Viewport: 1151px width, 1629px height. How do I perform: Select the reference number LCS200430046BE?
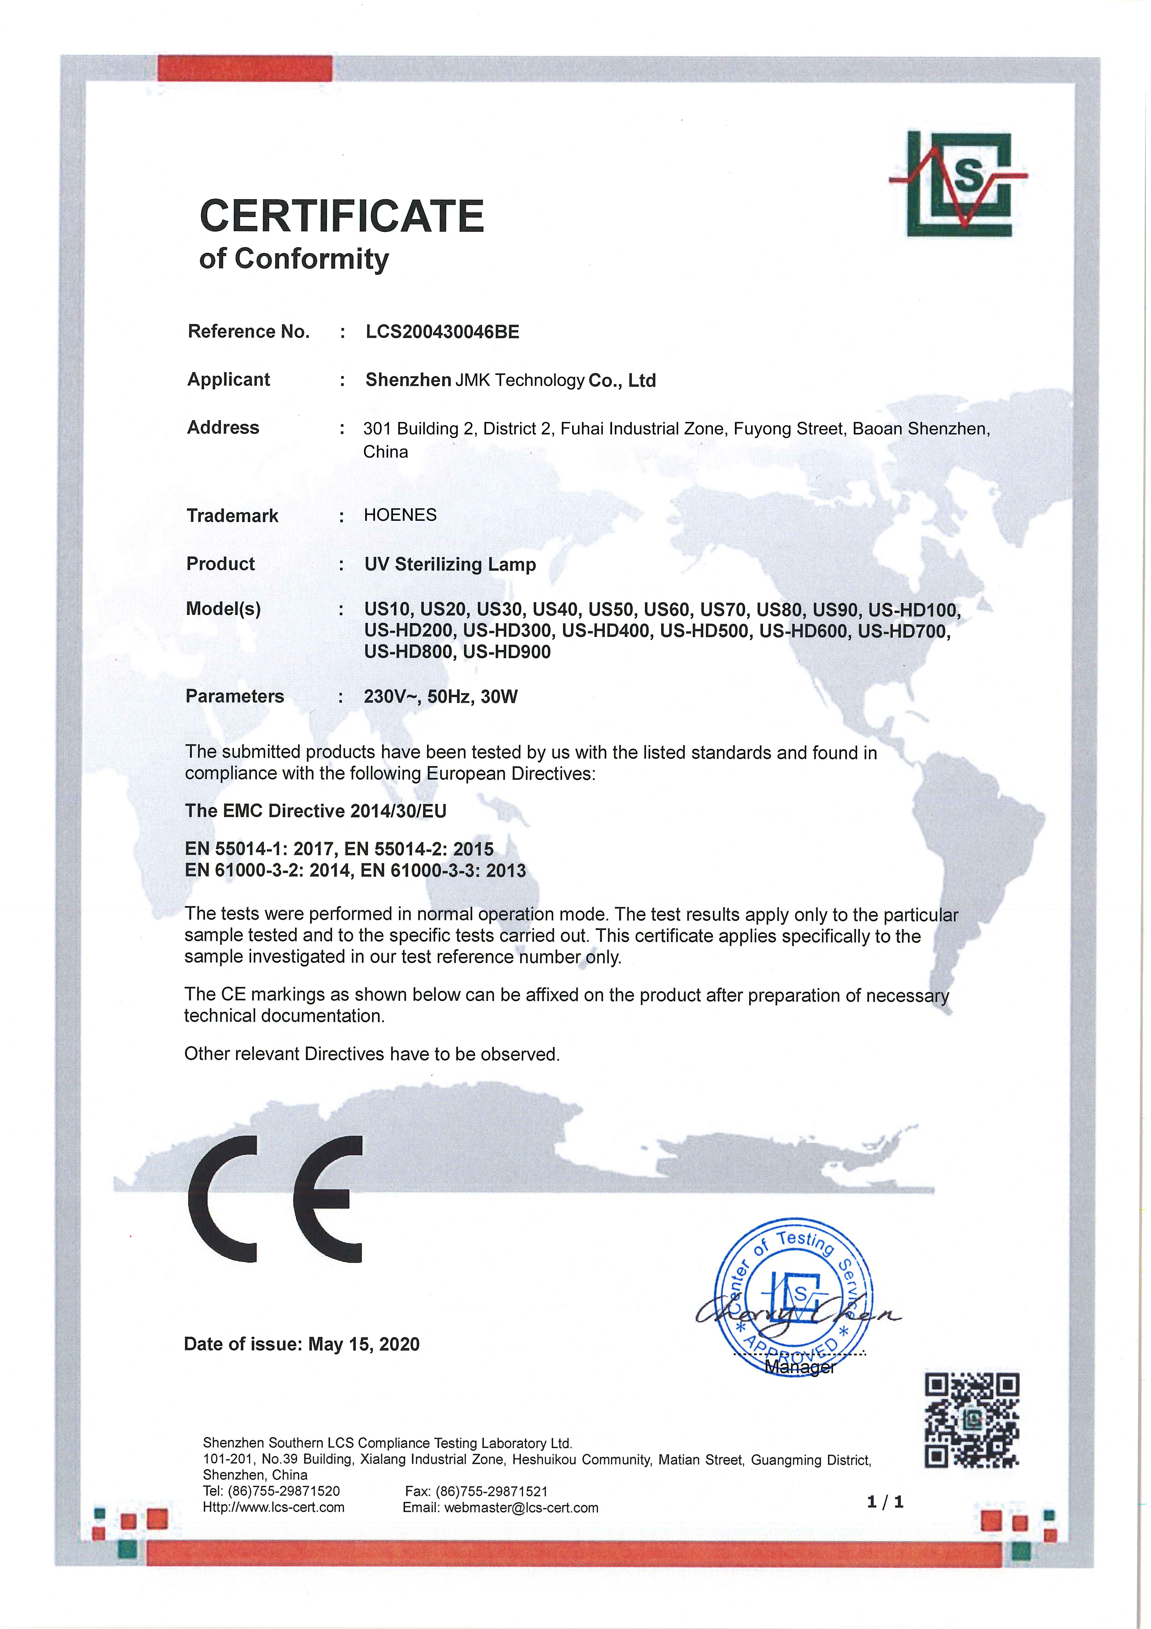(x=442, y=332)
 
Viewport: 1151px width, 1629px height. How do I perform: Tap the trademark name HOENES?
(x=400, y=515)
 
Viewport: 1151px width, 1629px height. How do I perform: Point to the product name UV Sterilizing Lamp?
(x=450, y=565)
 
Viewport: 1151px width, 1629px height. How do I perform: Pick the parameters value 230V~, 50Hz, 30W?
(x=440, y=697)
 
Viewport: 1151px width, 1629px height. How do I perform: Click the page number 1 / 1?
(x=885, y=1502)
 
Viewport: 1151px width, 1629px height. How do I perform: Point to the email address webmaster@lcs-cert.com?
(x=521, y=1508)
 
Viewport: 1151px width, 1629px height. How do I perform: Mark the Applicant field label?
(x=228, y=380)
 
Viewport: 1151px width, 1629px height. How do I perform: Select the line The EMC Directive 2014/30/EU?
(x=316, y=811)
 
